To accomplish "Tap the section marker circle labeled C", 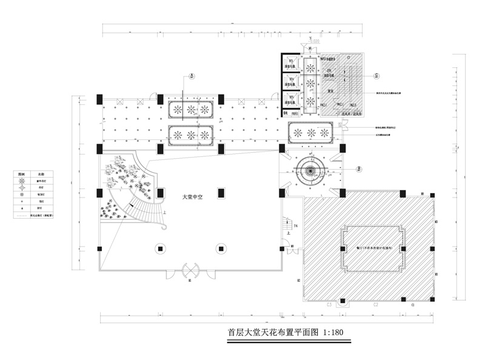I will coord(376,76).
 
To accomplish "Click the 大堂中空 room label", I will coord(193,197).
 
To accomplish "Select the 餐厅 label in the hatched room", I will coord(370,247).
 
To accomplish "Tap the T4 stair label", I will coord(295,225).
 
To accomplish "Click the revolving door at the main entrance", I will coord(190,269).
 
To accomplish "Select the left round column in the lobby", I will coord(159,247).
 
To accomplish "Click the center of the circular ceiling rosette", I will coord(310,170).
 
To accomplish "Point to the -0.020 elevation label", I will coord(313,42).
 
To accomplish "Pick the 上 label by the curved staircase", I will coord(166,213).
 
